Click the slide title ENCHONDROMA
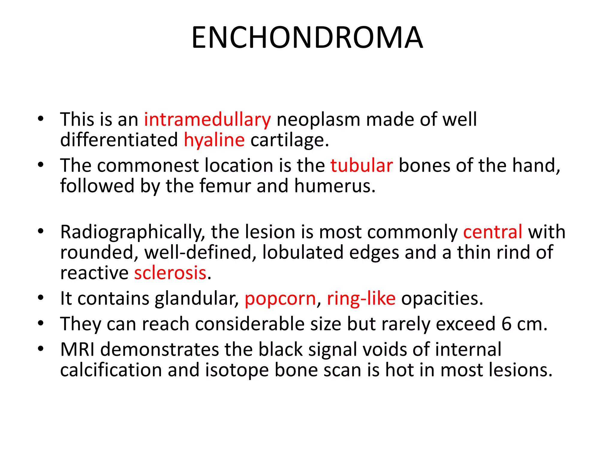pyautogui.click(x=307, y=38)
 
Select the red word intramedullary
pyautogui.click(x=207, y=120)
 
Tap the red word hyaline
pyautogui.click(x=214, y=140)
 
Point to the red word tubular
pyautogui.click(x=362, y=166)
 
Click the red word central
pyautogui.click(x=493, y=232)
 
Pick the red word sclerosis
pyautogui.click(x=170, y=273)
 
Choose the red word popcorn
pyautogui.click(x=280, y=299)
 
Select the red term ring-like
pyautogui.click(x=361, y=299)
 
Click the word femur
pyautogui.click(x=225, y=186)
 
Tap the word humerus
pyautogui.click(x=335, y=186)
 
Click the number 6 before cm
pyautogui.click(x=506, y=324)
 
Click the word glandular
pyautogui.click(x=197, y=299)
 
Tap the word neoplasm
pyautogui.click(x=318, y=120)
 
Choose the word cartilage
pyautogui.click(x=289, y=140)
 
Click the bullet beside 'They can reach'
pyautogui.click(x=41, y=323)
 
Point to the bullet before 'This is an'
pyautogui.click(x=41, y=119)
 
